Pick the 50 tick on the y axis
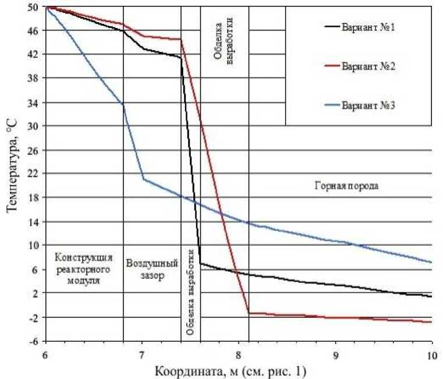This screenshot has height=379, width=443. click(x=34, y=7)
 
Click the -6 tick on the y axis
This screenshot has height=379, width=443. click(x=34, y=341)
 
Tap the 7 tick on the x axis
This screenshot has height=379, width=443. click(x=142, y=354)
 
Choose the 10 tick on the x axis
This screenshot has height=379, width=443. click(x=431, y=354)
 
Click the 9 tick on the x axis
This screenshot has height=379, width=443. click(x=335, y=354)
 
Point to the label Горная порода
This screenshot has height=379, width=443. click(x=347, y=187)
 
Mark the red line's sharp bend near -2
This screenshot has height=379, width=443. click(x=249, y=314)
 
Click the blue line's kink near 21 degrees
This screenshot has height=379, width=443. click(x=144, y=179)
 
